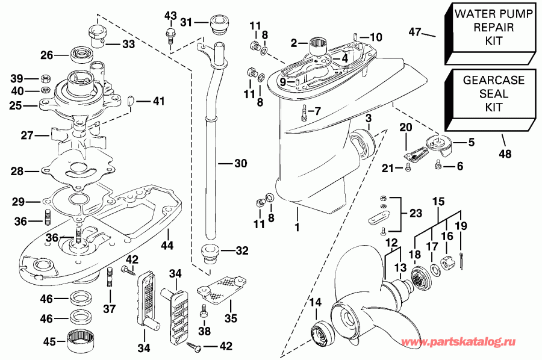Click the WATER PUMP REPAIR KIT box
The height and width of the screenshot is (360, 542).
[x=489, y=33]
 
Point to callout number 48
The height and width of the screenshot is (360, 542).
[x=505, y=154]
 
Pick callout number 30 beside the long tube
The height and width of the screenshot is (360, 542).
[x=224, y=163]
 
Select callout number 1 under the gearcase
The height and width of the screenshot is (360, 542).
[x=297, y=212]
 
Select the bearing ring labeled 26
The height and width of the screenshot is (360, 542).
[x=78, y=55]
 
